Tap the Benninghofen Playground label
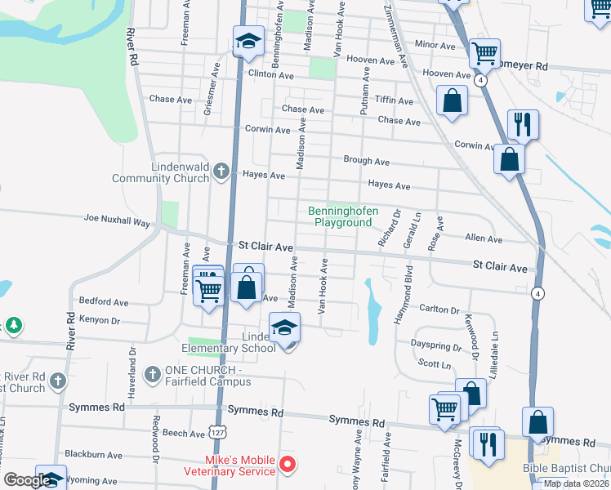click(343, 216)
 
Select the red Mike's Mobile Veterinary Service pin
click(287, 465)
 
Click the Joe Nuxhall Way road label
click(118, 221)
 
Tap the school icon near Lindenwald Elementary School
click(284, 327)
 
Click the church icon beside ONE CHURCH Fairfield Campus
click(151, 375)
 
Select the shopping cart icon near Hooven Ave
click(485, 54)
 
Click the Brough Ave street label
click(366, 161)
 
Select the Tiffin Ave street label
click(394, 100)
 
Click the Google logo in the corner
click(27, 480)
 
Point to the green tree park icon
click(13, 326)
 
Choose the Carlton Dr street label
click(439, 310)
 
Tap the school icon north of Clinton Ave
click(248, 42)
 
